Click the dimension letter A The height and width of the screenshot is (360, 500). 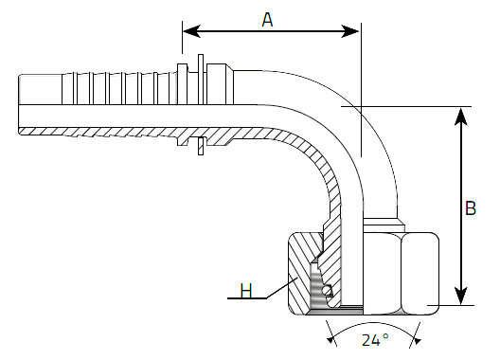267,20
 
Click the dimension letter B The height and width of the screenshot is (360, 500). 471,208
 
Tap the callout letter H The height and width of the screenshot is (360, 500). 246,291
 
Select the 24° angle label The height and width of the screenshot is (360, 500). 375,340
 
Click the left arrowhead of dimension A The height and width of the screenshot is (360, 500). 191,31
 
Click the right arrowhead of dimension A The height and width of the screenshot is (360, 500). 350,31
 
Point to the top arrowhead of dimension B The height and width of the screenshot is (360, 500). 461,117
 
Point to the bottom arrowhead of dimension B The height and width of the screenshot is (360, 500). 461,296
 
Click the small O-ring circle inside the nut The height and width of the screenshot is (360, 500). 327,291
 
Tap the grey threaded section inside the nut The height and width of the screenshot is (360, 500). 314,287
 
